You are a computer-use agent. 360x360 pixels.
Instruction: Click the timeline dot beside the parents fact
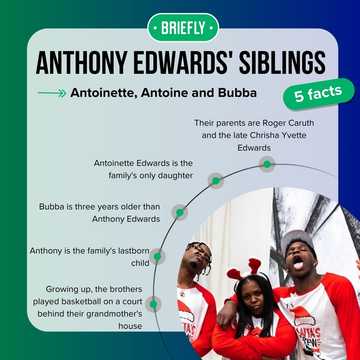(x=266, y=163)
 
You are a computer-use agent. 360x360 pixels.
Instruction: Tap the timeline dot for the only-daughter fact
(x=215, y=180)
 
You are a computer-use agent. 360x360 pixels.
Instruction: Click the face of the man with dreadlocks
(x=200, y=271)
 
